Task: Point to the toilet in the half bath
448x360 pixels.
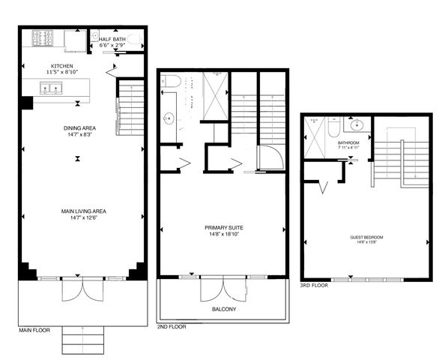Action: tap(134, 38)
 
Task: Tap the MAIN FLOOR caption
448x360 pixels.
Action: tap(35, 329)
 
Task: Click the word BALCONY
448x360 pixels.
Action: tap(223, 308)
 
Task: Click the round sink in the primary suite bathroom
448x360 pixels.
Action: tap(167, 118)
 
